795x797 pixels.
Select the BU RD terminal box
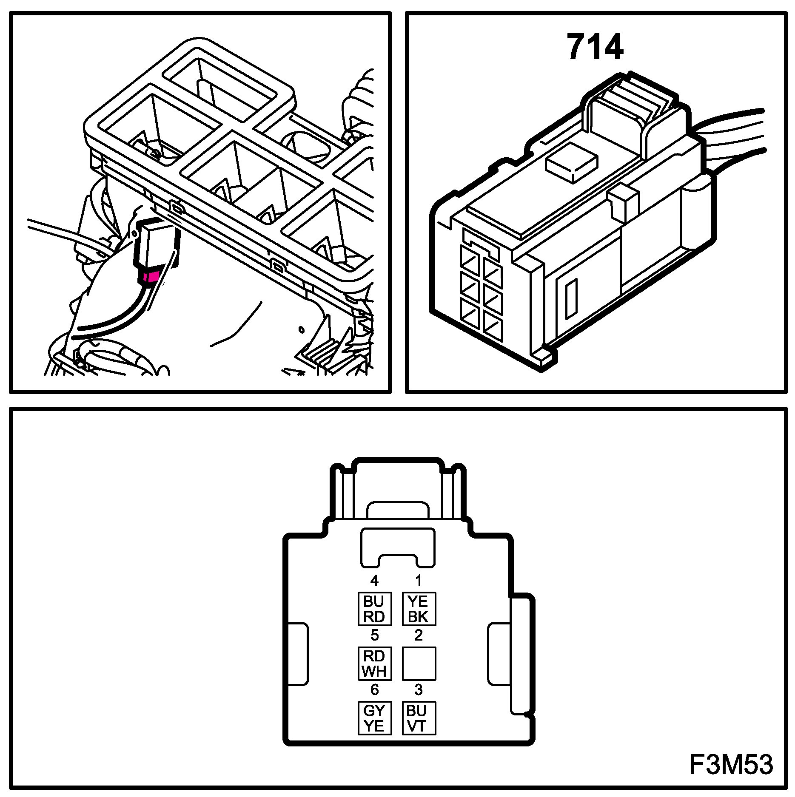pyautogui.click(x=374, y=609)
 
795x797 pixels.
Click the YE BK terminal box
pyautogui.click(x=419, y=609)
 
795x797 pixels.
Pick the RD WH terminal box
pyautogui.click(x=374, y=664)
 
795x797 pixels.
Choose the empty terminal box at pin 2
pyautogui.click(x=419, y=664)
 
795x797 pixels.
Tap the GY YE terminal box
pyautogui.click(x=374, y=718)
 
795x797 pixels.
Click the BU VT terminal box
pyautogui.click(x=419, y=718)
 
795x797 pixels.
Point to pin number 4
pyautogui.click(x=374, y=580)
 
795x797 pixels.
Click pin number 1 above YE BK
pyautogui.click(x=419, y=580)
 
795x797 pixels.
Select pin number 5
pyautogui.click(x=374, y=635)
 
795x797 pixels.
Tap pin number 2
pyautogui.click(x=419, y=635)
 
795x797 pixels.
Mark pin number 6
pyautogui.click(x=374, y=689)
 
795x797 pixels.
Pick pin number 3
pyautogui.click(x=419, y=689)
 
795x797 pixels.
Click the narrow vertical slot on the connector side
pyautogui.click(x=571, y=299)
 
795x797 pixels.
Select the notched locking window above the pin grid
pyautogui.click(x=398, y=547)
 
